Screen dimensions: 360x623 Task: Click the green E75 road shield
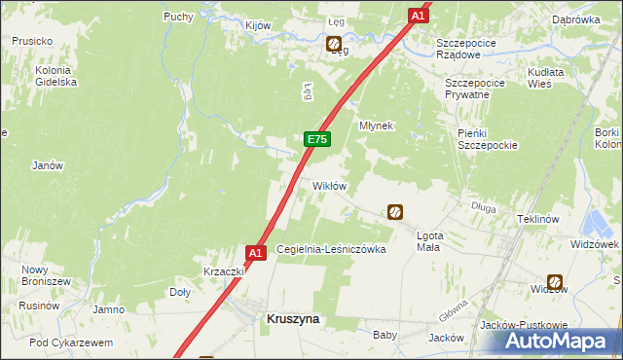[x=316, y=139]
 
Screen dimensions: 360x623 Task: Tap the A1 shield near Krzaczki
[x=255, y=253]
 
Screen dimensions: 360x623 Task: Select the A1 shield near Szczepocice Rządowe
[x=418, y=16]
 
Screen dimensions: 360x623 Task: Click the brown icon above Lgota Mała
[x=395, y=211]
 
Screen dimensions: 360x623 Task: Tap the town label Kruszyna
[x=293, y=318]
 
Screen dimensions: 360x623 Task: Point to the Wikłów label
[x=329, y=186]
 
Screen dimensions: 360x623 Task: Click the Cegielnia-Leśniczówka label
[x=332, y=249]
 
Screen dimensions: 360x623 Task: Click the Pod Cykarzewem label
[x=71, y=342]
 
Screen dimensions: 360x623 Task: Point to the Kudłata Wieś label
[x=553, y=79]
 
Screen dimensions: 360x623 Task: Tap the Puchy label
[x=178, y=17]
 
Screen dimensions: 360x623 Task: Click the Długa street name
[x=484, y=206]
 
